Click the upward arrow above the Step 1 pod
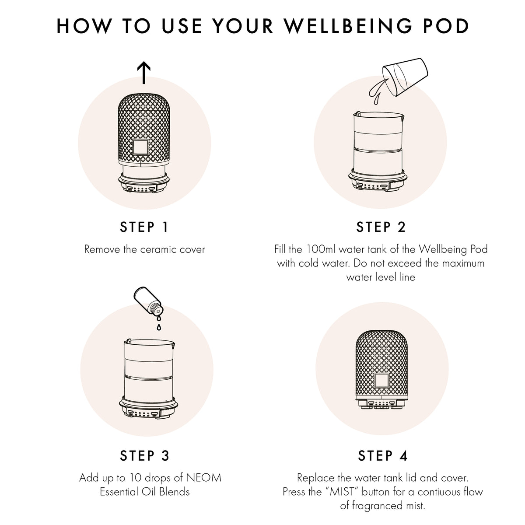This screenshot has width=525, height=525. [x=144, y=73]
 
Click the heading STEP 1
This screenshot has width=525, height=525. [x=144, y=227]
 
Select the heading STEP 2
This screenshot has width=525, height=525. [x=381, y=227]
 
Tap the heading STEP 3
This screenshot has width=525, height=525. [x=144, y=456]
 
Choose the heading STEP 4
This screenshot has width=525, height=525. [x=383, y=456]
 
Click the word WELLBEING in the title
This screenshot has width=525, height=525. [x=348, y=26]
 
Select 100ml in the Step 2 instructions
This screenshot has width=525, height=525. [x=321, y=249]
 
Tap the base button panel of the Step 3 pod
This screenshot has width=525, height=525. [x=144, y=412]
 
